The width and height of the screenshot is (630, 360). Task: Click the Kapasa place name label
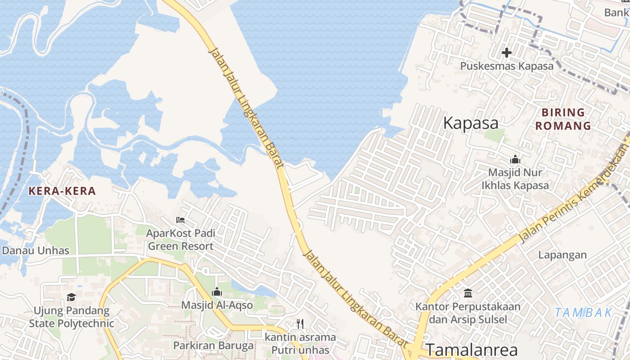point(471,123)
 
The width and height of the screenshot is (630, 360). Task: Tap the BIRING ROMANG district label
point(563,119)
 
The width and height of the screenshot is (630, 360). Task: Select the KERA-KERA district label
point(62,191)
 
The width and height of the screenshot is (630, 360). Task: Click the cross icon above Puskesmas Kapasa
point(506,53)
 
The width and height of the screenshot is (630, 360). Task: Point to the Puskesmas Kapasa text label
point(506,66)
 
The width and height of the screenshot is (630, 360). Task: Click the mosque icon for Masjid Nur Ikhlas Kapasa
point(515,159)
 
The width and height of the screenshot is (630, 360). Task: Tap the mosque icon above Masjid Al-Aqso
point(217,292)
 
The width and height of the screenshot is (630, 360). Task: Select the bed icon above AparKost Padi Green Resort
point(180,220)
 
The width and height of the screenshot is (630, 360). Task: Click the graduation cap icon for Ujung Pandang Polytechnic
point(71,297)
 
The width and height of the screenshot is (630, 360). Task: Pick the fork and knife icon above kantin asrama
point(300,324)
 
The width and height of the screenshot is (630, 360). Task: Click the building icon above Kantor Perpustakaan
point(468,293)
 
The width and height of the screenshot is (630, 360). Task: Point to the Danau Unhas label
point(36,251)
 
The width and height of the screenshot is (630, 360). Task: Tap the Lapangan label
point(562,255)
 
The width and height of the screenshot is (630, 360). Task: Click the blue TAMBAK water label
point(583,312)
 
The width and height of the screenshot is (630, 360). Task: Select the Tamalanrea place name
point(472,350)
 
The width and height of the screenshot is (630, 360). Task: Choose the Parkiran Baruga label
point(214,346)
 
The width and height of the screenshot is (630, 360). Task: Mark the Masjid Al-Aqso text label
point(217,305)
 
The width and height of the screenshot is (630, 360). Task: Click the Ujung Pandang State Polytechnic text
point(72,317)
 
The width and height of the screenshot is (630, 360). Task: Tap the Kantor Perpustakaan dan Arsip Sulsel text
point(468,313)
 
